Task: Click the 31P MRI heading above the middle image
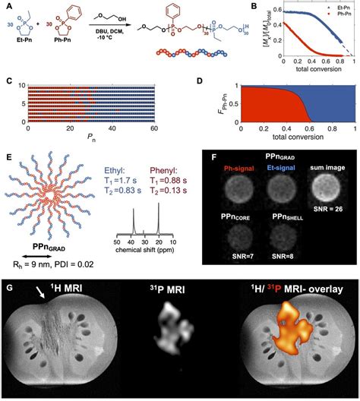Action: click(x=179, y=289)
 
